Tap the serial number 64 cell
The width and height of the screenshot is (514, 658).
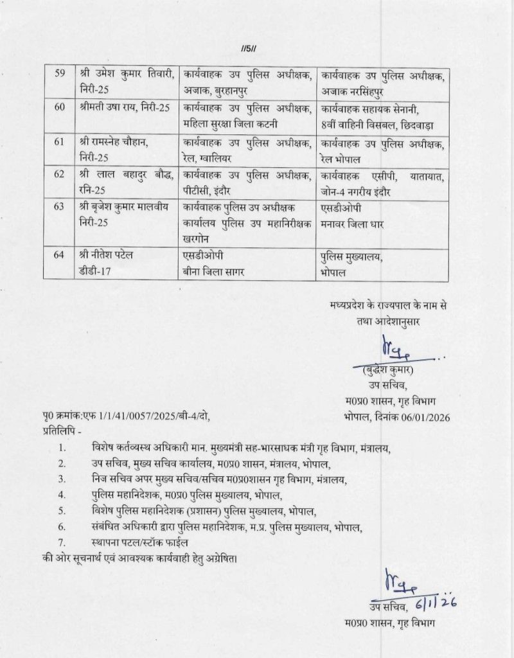pos(60,256)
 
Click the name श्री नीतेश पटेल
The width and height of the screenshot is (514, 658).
pos(106,256)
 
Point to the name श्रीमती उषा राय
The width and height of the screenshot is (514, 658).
pos(105,106)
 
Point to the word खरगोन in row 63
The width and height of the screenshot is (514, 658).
pos(197,238)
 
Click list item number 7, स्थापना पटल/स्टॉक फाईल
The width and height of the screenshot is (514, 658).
pos(144,544)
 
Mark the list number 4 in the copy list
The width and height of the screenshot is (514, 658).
pos(62,495)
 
